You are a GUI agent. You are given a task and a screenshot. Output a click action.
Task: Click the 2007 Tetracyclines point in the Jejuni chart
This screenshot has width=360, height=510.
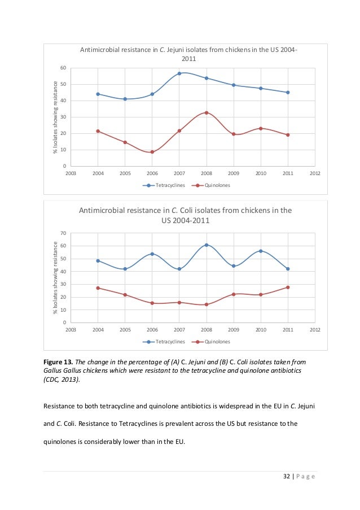point(179,73)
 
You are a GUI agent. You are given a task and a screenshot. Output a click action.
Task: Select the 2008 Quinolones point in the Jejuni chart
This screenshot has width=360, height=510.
point(207,112)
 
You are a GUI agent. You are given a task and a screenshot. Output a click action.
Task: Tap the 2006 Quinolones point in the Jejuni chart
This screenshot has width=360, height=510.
point(152,152)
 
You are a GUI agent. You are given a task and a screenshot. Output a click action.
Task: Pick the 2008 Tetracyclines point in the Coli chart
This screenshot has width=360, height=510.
point(207,245)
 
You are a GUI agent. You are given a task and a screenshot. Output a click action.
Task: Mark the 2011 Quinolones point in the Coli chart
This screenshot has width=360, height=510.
point(288,287)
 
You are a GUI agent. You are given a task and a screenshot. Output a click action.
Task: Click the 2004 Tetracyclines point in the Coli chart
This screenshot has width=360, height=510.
point(98,261)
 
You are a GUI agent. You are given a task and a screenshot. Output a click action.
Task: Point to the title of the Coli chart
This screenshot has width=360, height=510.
point(185,215)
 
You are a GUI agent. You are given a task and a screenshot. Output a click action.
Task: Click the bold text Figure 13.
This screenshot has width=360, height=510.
point(58,361)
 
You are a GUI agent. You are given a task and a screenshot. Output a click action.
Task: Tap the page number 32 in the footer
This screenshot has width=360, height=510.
point(286,477)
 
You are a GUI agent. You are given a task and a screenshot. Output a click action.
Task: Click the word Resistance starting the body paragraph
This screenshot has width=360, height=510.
point(58,405)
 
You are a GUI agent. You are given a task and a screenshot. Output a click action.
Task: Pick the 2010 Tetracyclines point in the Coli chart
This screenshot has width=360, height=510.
point(261,251)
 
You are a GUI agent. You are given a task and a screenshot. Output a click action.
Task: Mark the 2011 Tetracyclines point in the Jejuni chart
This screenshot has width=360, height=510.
point(288,92)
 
